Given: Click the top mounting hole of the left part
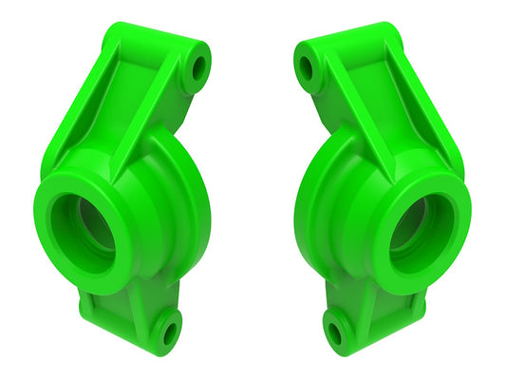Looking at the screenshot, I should coord(197,67).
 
